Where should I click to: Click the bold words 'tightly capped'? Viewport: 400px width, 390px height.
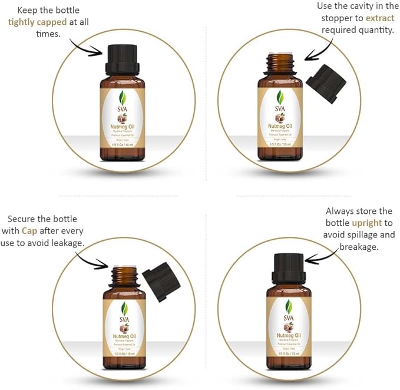pos(37,22)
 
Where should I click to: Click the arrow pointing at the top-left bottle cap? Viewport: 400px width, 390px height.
pos(87,47)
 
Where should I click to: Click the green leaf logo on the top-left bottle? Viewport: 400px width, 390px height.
pos(123,98)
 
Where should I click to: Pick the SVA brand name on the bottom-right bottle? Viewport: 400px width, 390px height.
pos(288,319)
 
